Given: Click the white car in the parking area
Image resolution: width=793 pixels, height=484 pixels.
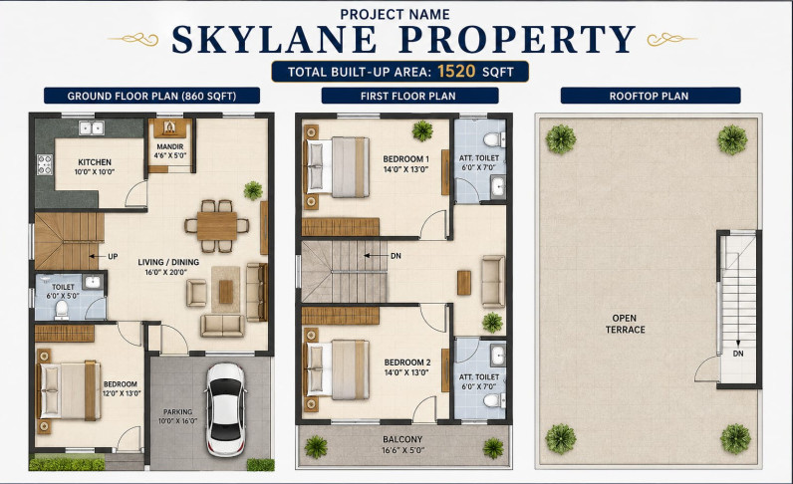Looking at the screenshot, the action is pyautogui.click(x=225, y=409).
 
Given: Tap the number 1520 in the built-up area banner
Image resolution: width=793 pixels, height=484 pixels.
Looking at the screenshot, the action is pyautogui.click(x=456, y=71).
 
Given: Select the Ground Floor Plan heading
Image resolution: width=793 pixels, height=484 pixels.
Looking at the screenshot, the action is pyautogui.click(x=151, y=96).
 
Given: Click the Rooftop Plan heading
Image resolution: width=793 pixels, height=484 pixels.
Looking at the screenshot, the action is pyautogui.click(x=649, y=96).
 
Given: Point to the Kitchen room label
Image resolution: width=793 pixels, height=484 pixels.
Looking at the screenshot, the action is pyautogui.click(x=95, y=162).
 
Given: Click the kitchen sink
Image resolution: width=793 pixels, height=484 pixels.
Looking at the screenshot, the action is pyautogui.click(x=92, y=127).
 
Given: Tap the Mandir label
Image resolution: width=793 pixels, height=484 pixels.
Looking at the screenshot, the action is pyautogui.click(x=170, y=146).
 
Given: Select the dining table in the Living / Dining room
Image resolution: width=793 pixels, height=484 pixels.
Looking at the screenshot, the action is pyautogui.click(x=217, y=226).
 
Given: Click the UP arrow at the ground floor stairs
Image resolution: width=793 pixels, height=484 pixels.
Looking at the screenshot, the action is pyautogui.click(x=97, y=256).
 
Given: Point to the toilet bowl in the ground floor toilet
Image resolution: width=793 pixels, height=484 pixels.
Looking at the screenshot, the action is pyautogui.click(x=62, y=310).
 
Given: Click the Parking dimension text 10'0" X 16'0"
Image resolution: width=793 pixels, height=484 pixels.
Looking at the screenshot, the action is pyautogui.click(x=177, y=421).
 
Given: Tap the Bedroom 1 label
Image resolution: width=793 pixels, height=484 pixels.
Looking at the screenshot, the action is pyautogui.click(x=406, y=159).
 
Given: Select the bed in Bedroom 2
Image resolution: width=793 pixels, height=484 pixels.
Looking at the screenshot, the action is pyautogui.click(x=338, y=369).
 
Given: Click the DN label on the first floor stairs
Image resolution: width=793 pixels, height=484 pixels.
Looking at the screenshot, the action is pyautogui.click(x=396, y=256).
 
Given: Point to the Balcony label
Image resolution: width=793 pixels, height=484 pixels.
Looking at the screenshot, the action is pyautogui.click(x=402, y=439).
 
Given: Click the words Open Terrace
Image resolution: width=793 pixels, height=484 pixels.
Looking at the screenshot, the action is pyautogui.click(x=625, y=324).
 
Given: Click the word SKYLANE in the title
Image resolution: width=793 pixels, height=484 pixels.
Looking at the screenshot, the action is pyautogui.click(x=274, y=39).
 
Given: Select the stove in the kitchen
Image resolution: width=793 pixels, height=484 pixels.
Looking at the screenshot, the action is pyautogui.click(x=45, y=165).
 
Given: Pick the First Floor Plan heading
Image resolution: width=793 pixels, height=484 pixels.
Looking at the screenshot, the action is pyautogui.click(x=408, y=96).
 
